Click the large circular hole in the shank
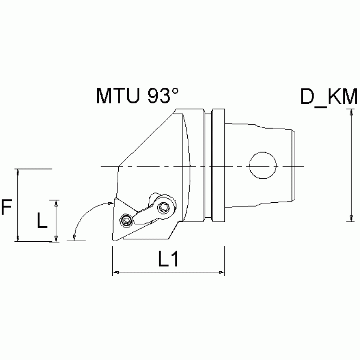(262, 167)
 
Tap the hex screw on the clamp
(164, 207)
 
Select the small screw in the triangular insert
(125, 220)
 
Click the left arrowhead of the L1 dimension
(115, 272)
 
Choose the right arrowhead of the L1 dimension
(222, 272)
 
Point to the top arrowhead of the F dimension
(18, 172)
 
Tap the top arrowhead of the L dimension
(56, 202)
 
